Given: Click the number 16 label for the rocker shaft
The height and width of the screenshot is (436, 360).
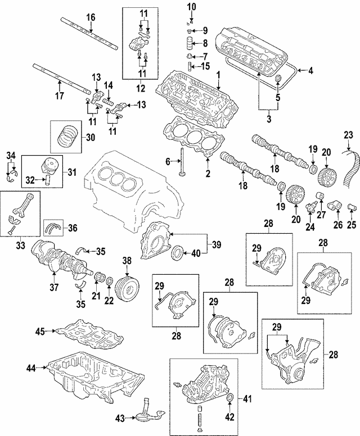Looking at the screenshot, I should pyautogui.click(x=91, y=17).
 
